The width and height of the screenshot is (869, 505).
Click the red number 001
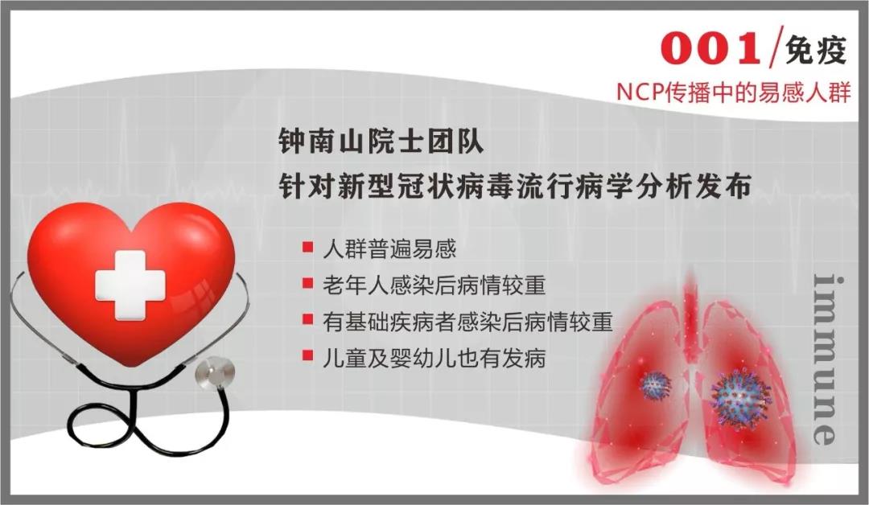[710, 50]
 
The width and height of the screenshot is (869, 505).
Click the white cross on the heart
[130, 284]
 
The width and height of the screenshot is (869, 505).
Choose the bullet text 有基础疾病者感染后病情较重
[467, 322]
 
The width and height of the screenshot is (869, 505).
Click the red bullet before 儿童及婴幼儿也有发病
[307, 356]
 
